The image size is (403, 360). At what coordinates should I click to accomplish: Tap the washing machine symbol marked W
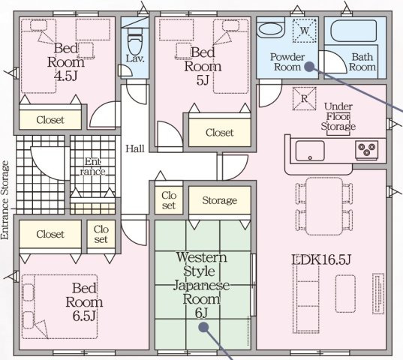(x=304, y=31)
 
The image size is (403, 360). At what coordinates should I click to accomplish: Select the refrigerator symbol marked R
(x=304, y=98)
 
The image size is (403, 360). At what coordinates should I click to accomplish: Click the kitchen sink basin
(x=310, y=151)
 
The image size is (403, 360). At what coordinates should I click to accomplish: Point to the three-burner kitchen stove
(x=367, y=150)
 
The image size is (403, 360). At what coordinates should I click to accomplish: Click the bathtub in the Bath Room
(x=353, y=31)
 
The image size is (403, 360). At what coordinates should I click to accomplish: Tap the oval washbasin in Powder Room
(x=270, y=30)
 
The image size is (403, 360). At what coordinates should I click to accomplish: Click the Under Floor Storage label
(x=338, y=116)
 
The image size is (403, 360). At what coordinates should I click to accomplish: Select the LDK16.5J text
(x=321, y=259)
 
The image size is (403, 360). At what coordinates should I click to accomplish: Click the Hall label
(x=135, y=148)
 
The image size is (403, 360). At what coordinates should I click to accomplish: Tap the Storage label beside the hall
(x=219, y=200)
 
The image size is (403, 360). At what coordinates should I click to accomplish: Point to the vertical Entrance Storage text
(x=5, y=200)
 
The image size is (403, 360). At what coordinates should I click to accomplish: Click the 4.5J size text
(x=66, y=76)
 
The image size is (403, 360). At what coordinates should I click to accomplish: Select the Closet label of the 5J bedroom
(x=219, y=133)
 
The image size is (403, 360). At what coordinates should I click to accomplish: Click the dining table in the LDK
(x=324, y=206)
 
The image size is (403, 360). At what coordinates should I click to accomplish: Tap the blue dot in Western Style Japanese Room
(x=203, y=327)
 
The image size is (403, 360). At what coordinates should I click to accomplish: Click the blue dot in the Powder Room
(x=309, y=67)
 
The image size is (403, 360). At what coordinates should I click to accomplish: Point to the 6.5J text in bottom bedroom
(x=84, y=316)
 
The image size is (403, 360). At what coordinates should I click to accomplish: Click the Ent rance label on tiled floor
(x=92, y=166)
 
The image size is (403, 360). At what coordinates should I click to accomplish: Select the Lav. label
(x=135, y=58)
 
